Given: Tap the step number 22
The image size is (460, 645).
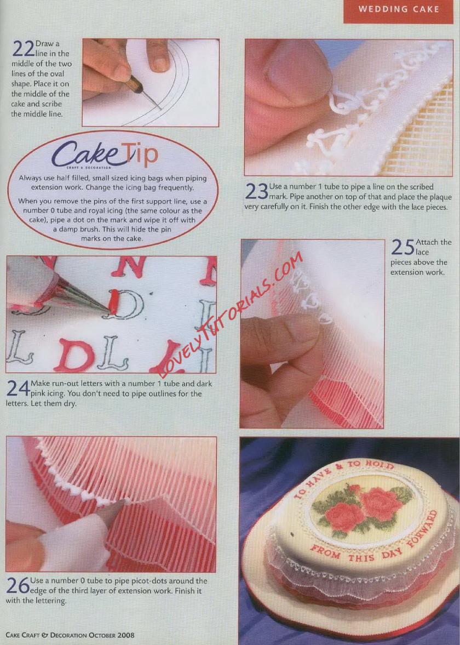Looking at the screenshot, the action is (x=23, y=49).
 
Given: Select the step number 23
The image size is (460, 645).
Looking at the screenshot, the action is (x=256, y=191).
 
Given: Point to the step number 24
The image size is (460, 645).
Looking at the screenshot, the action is (x=18, y=389).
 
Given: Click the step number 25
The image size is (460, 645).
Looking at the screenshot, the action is (x=403, y=247).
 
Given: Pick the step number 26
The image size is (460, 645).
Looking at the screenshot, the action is (x=18, y=585).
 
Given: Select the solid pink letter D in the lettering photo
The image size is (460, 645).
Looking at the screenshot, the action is (x=76, y=354).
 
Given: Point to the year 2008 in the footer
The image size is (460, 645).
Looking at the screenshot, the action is (x=126, y=635).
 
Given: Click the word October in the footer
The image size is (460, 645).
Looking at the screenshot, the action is (x=102, y=635).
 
